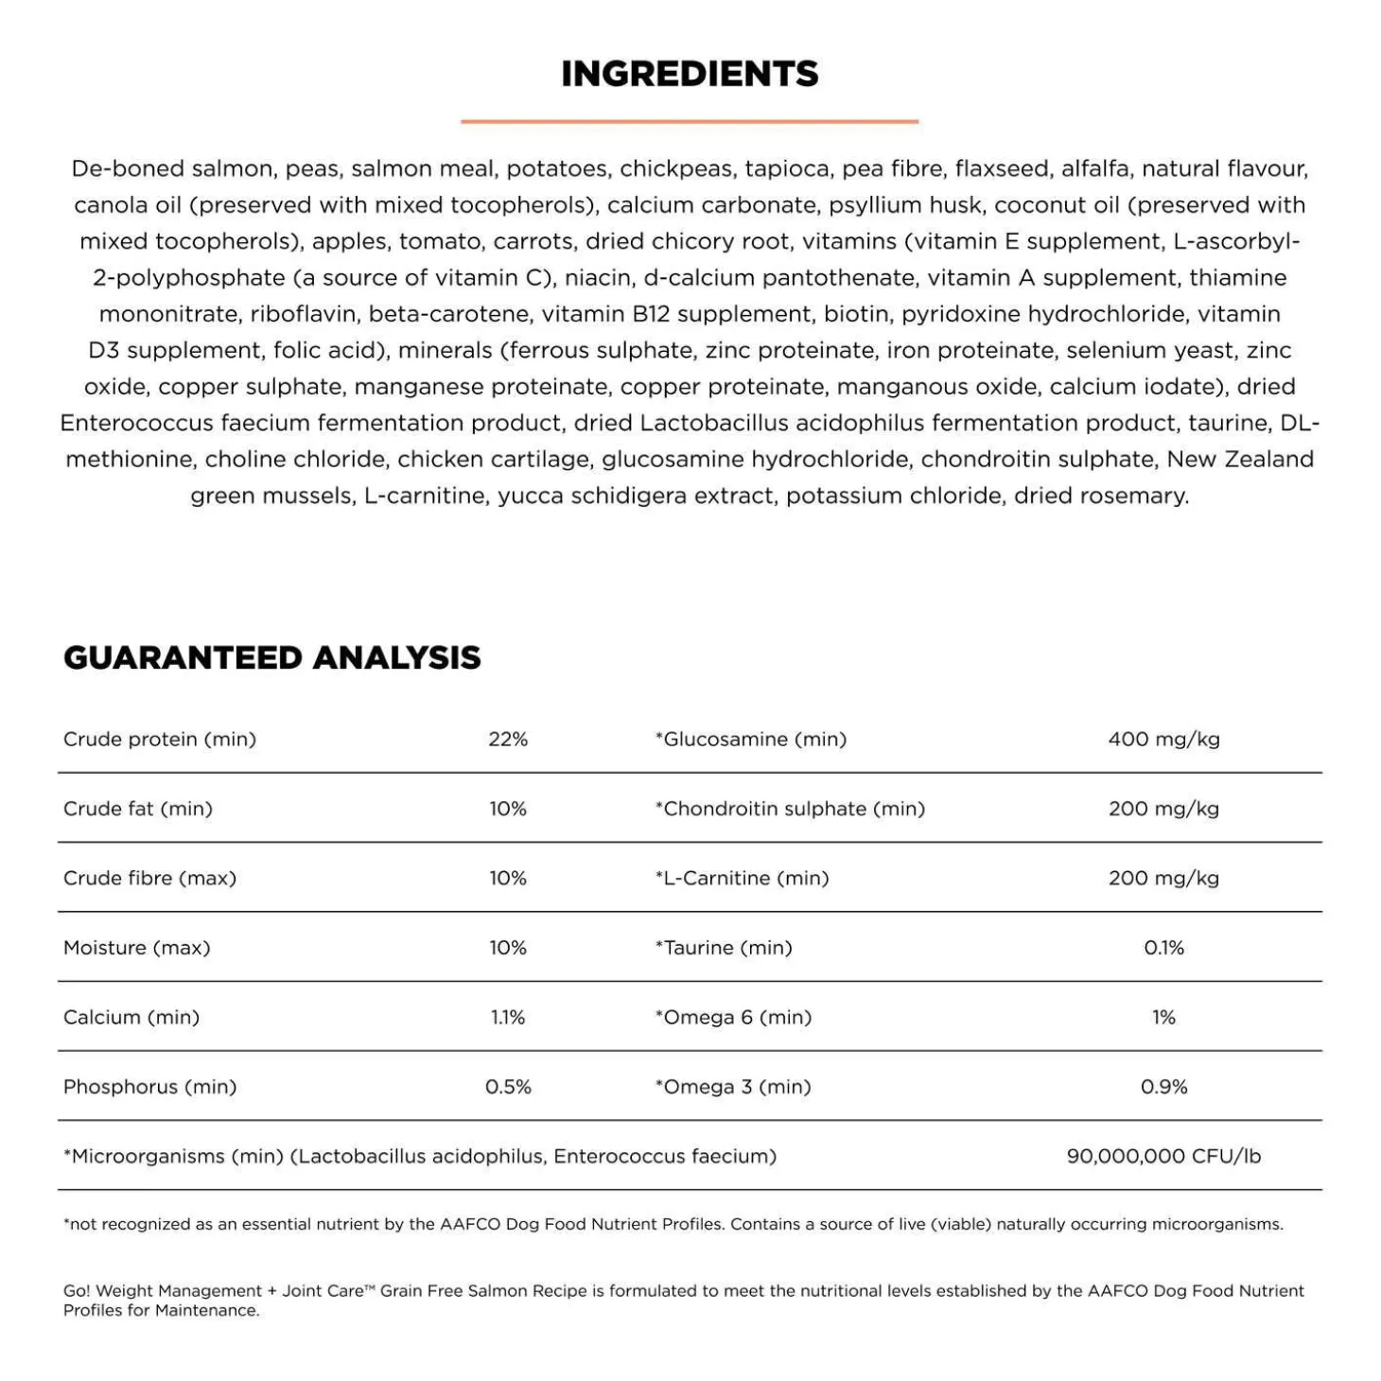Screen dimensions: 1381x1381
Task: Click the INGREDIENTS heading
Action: point(690,74)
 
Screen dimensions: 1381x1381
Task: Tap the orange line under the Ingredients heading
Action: point(690,121)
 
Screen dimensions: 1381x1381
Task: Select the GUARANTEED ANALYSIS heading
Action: point(272,657)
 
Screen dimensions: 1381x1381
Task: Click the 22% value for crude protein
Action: point(508,739)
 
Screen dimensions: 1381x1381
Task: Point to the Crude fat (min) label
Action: point(138,809)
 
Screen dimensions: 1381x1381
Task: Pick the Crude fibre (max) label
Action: point(149,878)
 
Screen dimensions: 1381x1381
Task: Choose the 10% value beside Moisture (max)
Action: point(508,948)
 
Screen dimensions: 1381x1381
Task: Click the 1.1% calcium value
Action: point(508,1017)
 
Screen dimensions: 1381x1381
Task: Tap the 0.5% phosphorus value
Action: point(508,1087)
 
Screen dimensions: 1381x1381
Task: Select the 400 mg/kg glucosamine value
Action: point(1163,739)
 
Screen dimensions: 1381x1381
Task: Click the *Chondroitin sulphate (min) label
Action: point(790,809)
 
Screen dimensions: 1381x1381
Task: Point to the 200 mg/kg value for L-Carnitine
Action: point(1163,878)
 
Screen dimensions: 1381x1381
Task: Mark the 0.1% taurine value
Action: point(1163,948)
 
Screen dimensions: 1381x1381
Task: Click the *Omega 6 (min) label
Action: point(733,1017)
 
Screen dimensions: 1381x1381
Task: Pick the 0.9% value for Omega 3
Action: point(1163,1087)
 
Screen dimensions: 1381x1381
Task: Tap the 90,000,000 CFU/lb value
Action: point(1163,1156)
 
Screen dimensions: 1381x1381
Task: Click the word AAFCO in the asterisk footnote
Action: point(470,1224)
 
